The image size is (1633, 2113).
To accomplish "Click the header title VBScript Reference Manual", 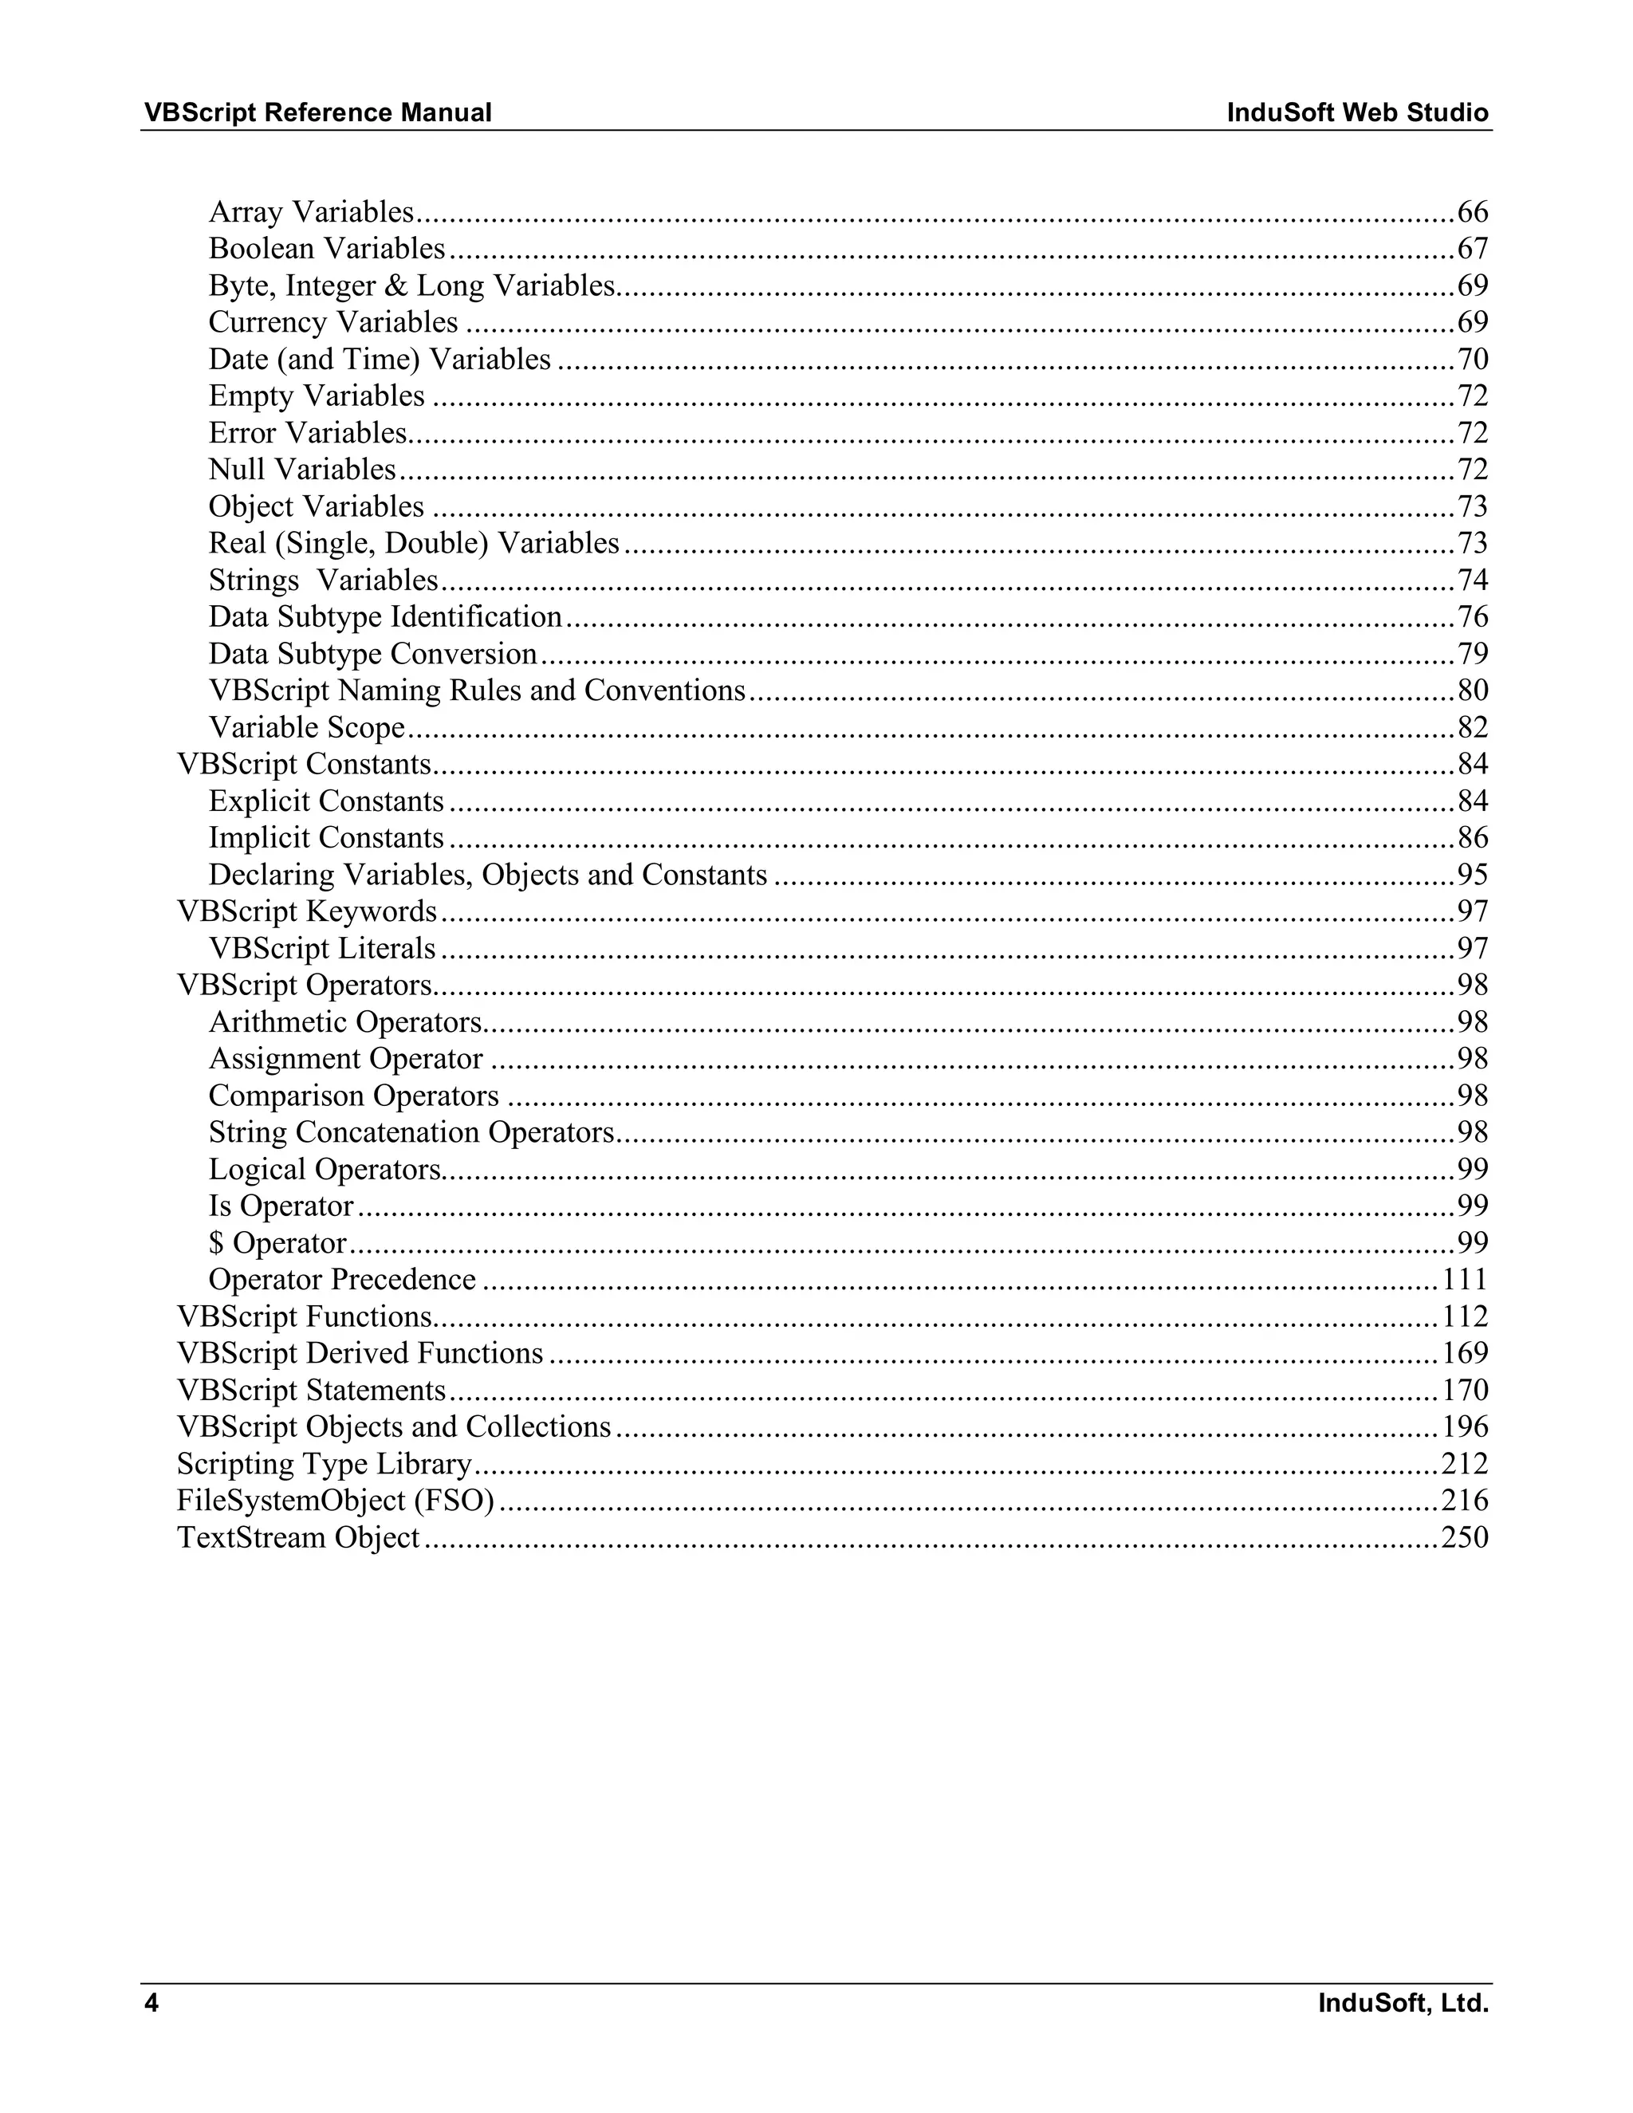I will click(317, 113).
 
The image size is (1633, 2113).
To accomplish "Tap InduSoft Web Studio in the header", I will click(1357, 113).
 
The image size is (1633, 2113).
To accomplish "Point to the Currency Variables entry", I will click(333, 322).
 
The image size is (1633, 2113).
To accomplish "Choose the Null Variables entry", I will click(302, 469).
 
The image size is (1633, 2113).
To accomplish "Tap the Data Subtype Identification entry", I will click(385, 617).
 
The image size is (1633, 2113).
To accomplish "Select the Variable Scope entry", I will click(307, 727).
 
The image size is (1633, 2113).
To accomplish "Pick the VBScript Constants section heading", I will click(304, 765).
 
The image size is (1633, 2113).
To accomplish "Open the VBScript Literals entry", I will click(322, 948).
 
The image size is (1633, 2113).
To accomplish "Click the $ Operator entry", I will click(277, 1243).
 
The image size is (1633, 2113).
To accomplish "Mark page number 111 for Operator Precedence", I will click(1465, 1280).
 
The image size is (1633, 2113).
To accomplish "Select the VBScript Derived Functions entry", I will click(360, 1354).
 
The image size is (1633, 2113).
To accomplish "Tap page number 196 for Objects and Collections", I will click(1465, 1427).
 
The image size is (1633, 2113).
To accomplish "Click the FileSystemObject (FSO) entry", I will click(336, 1501).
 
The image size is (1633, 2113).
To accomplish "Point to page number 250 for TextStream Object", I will click(1465, 1537).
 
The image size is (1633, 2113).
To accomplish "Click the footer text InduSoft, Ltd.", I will click(1403, 2003).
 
